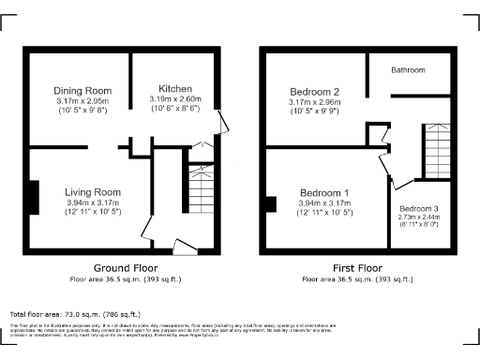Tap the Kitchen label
point(175,89)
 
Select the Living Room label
point(92,192)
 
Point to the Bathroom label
point(408,70)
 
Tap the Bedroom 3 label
point(417,208)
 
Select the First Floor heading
point(356,268)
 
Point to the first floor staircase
point(437,150)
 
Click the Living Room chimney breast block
point(34,201)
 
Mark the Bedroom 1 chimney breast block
point(270,203)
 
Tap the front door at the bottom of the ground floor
point(185,247)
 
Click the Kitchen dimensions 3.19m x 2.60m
point(175,99)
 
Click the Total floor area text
point(74,314)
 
